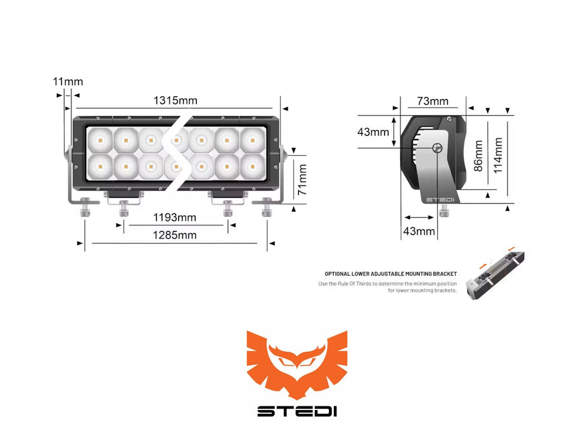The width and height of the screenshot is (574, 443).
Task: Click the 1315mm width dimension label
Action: [x=175, y=100]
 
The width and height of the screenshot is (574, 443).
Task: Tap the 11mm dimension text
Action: [x=68, y=81]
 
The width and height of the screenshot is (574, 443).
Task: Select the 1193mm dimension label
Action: [x=174, y=218]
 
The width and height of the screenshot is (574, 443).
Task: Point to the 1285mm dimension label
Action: [x=174, y=235]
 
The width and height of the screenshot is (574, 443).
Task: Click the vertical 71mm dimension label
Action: [x=302, y=179]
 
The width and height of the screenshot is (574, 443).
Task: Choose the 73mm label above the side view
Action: [x=433, y=101]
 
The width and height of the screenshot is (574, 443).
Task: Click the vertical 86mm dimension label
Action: [x=478, y=156]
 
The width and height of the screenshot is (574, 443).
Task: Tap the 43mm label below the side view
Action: [x=419, y=231]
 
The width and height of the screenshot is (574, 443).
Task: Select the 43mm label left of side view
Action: [x=373, y=132]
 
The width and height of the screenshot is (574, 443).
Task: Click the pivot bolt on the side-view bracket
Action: [x=437, y=148]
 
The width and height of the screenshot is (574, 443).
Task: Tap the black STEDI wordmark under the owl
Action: [x=297, y=411]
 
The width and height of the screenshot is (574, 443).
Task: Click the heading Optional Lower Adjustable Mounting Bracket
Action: [x=390, y=274]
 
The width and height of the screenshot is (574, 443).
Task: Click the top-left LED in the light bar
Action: [x=101, y=139]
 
